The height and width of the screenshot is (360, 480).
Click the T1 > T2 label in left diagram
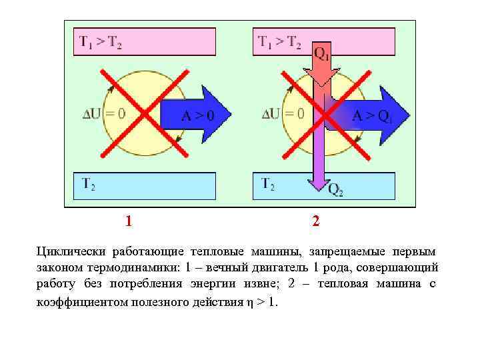tap(101, 42)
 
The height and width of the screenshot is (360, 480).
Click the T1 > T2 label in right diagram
tap(279, 42)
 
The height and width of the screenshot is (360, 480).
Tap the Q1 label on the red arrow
tap(321, 53)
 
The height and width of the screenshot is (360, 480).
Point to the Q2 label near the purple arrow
tap(335, 190)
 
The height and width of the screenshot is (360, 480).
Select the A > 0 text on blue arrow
tap(198, 116)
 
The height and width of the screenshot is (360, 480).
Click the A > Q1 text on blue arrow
tap(371, 115)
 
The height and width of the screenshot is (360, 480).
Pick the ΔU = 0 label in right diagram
tap(283, 113)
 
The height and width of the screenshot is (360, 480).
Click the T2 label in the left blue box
tap(88, 183)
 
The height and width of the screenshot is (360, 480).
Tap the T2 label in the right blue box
tap(268, 183)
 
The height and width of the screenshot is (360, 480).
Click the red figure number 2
tap(316, 221)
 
